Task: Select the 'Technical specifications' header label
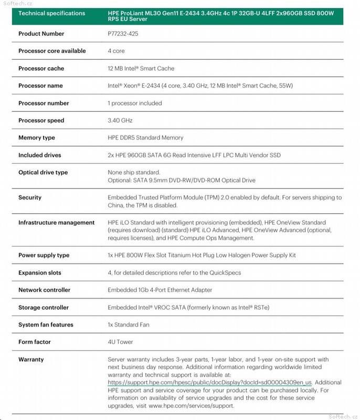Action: pyautogui.click(x=51, y=13)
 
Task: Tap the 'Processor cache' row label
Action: pyautogui.click(x=41, y=68)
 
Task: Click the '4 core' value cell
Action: pyautogui.click(x=116, y=51)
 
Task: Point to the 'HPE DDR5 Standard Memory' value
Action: pyautogui.click(x=145, y=138)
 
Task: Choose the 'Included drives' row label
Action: pyautogui.click(x=39, y=155)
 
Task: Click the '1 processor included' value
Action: pyautogui.click(x=134, y=103)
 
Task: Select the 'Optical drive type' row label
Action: pyautogui.click(x=43, y=172)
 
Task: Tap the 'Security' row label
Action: pyautogui.click(x=30, y=197)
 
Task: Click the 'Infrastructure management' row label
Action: pyautogui.click(x=56, y=223)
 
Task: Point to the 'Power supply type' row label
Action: pyautogui.click(x=44, y=255)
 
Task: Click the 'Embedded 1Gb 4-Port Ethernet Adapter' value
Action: pyautogui.click(x=160, y=290)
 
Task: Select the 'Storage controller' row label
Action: pyautogui.click(x=44, y=308)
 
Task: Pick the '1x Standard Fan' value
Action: pyautogui.click(x=128, y=324)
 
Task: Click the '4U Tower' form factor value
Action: pyautogui.click(x=120, y=342)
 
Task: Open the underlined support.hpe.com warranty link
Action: pyautogui.click(x=210, y=383)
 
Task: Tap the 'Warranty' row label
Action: pyautogui.click(x=31, y=360)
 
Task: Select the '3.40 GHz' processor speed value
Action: pyautogui.click(x=120, y=120)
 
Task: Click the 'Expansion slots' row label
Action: pyautogui.click(x=40, y=273)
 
